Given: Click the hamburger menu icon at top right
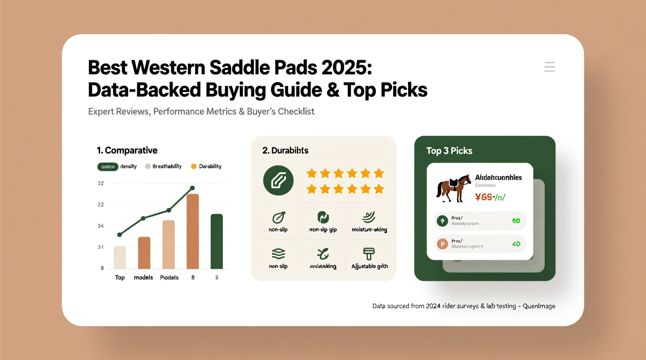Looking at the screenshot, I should click(x=550, y=67).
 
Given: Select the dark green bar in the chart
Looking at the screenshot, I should click(x=217, y=241).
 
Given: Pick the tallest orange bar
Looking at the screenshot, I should click(x=193, y=231).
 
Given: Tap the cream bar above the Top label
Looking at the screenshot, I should click(x=120, y=258).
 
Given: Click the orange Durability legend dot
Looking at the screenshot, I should click(x=194, y=166).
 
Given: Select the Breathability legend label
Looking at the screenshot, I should click(x=167, y=166).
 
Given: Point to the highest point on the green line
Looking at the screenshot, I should click(x=193, y=188).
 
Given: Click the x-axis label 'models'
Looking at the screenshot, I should click(x=143, y=277).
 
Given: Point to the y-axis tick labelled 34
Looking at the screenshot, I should click(x=101, y=226).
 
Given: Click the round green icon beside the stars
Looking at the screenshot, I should click(x=278, y=180).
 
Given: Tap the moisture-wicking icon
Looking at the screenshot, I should click(x=369, y=217).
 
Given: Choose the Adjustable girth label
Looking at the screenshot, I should click(x=370, y=266).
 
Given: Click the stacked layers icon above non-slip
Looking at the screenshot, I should click(x=278, y=254).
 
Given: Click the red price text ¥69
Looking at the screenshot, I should click(x=484, y=197).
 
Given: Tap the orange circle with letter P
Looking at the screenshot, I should click(x=442, y=244).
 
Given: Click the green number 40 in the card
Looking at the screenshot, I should click(x=516, y=244).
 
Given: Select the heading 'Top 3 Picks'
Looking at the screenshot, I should click(x=449, y=151).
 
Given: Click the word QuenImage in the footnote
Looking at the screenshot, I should click(x=539, y=306).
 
